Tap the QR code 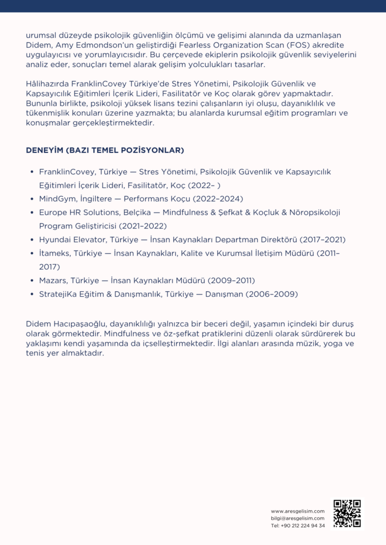point(347,513)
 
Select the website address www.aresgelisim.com point(298,511)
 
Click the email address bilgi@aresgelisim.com point(298,518)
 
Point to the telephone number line point(298,525)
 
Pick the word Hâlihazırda point(47,84)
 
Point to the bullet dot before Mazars point(33,281)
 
